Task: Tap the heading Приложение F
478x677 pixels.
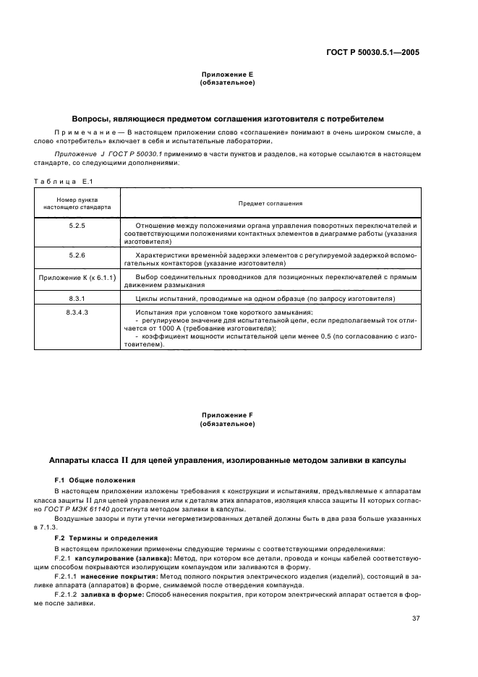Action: click(x=227, y=416)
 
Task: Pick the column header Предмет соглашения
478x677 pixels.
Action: click(x=270, y=204)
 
